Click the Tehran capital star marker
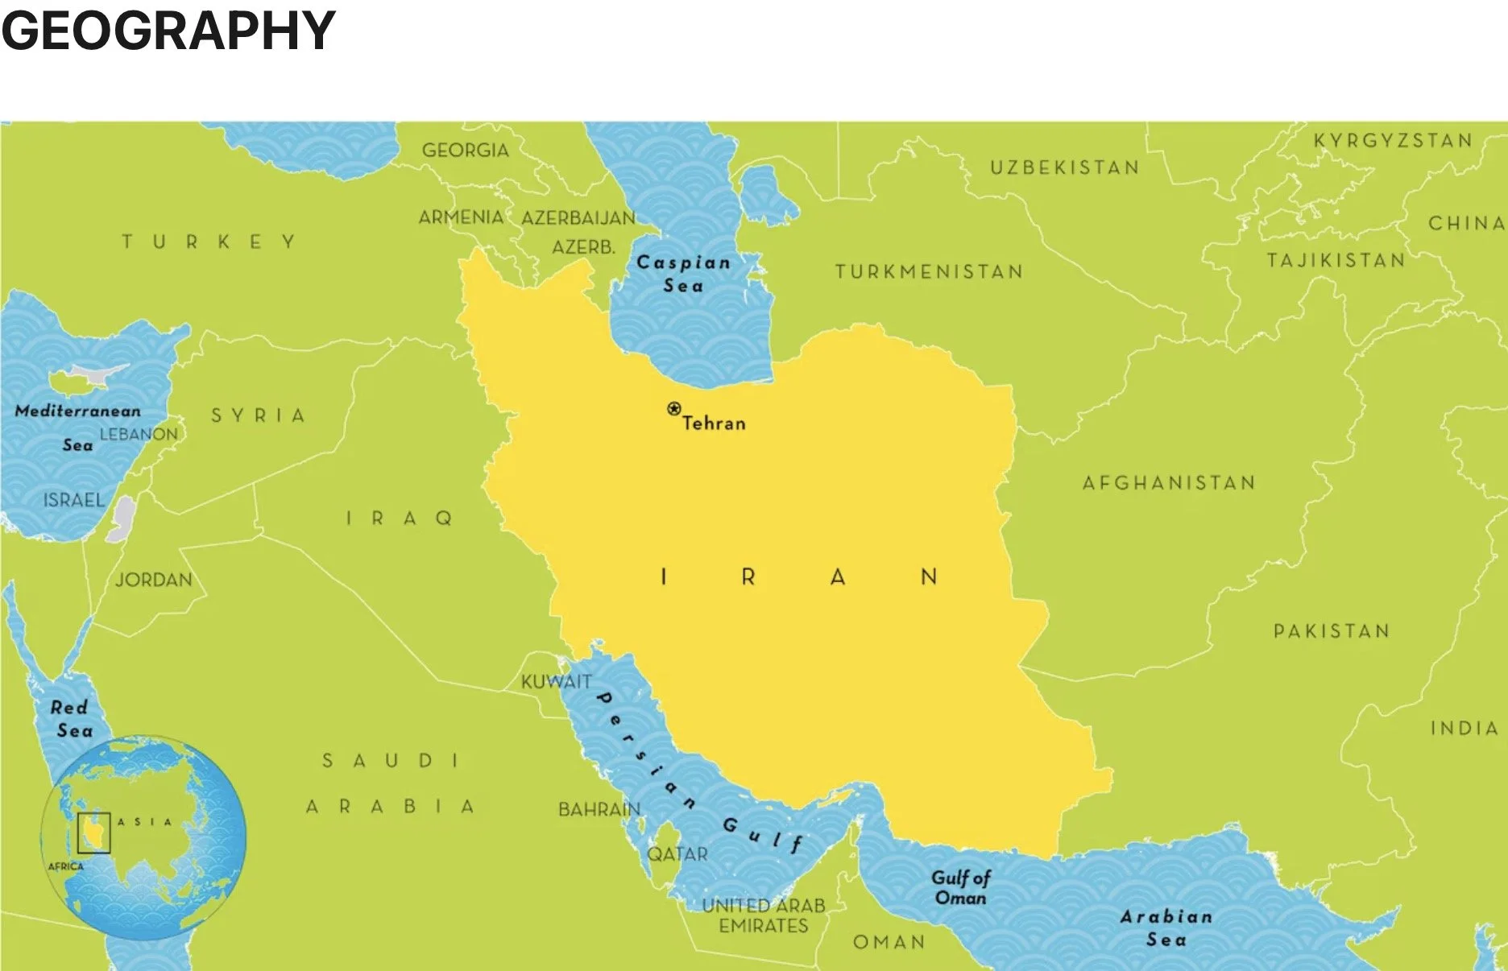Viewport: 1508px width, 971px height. pos(674,409)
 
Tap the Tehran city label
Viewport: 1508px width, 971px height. pos(714,424)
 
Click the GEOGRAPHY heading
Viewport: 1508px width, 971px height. pos(168,31)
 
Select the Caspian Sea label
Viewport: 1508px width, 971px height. pos(683,274)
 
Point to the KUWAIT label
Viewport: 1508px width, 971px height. pos(556,682)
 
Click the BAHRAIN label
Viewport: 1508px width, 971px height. pos(599,809)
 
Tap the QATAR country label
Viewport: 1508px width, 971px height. pos(677,854)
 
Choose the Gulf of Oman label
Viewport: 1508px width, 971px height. pos(960,887)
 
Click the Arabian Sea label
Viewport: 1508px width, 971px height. pos(1166,928)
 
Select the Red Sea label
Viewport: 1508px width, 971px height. pos(71,719)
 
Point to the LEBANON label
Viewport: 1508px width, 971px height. pos(139,435)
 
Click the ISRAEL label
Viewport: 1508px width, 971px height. pos(73,501)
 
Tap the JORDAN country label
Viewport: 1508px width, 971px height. pos(153,580)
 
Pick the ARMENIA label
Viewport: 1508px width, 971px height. pos(461,217)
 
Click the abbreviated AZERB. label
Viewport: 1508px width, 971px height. pos(583,247)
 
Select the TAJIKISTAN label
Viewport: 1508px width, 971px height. pos(1336,261)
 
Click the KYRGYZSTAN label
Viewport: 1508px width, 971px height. pos(1393,141)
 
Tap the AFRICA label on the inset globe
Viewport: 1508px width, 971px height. pos(65,866)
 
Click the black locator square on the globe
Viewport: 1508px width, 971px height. pos(94,833)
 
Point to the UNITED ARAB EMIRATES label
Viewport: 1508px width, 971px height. pos(764,916)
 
